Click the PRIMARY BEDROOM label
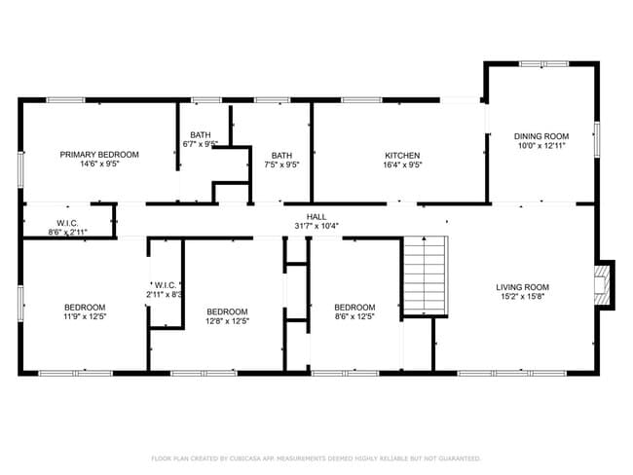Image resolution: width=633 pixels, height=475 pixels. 99,155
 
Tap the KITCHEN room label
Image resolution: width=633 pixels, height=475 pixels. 402,156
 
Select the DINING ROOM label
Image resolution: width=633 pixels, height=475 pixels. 541,136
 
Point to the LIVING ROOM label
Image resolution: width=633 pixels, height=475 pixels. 522,287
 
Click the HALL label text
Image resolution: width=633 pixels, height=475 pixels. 316,216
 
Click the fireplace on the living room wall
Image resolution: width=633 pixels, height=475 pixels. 605,284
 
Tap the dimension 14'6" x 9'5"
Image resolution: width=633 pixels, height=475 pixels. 99,164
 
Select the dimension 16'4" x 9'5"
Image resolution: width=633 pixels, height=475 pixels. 402,165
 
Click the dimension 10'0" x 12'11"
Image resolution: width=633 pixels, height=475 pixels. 541,146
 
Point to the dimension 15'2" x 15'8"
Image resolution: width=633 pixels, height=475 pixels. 522,297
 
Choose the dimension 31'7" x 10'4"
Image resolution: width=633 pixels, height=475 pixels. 316,226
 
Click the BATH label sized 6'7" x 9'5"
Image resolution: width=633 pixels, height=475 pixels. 201,135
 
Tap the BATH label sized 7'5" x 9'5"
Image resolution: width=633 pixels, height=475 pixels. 281,156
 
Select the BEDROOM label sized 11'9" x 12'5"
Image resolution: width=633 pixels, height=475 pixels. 86,308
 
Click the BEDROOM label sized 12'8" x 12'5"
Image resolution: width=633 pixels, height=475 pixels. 228,311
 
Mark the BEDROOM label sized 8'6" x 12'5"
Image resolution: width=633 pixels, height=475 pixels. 354,308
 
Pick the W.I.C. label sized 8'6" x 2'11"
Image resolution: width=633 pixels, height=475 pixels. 67,224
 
